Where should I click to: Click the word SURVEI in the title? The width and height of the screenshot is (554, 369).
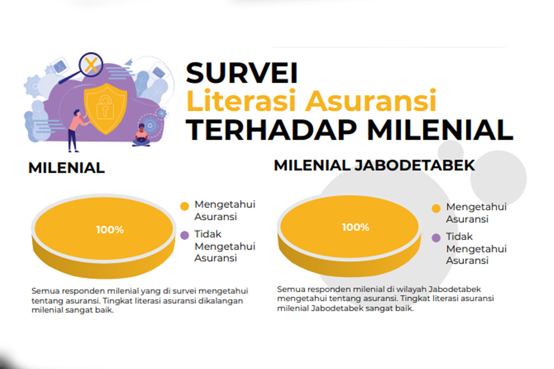[241, 73]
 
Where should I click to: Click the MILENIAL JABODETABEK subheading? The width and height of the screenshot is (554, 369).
[374, 165]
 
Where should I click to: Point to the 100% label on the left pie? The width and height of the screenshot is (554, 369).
[110, 230]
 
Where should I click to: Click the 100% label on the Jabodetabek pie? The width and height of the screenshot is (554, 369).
[355, 227]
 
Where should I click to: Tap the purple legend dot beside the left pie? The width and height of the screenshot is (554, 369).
[185, 235]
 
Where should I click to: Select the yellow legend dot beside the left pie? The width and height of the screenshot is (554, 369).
[185, 206]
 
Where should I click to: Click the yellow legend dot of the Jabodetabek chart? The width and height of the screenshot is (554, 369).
[436, 208]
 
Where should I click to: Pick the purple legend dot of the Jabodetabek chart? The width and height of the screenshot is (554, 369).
[436, 238]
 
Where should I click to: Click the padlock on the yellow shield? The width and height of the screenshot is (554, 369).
[105, 107]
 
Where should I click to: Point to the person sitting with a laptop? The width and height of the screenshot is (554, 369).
[142, 135]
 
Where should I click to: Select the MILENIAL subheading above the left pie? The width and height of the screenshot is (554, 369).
[66, 168]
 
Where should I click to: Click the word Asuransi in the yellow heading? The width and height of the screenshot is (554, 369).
[370, 101]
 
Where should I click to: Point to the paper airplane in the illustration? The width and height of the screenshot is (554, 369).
[129, 62]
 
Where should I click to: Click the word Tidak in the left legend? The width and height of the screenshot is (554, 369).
[208, 234]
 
